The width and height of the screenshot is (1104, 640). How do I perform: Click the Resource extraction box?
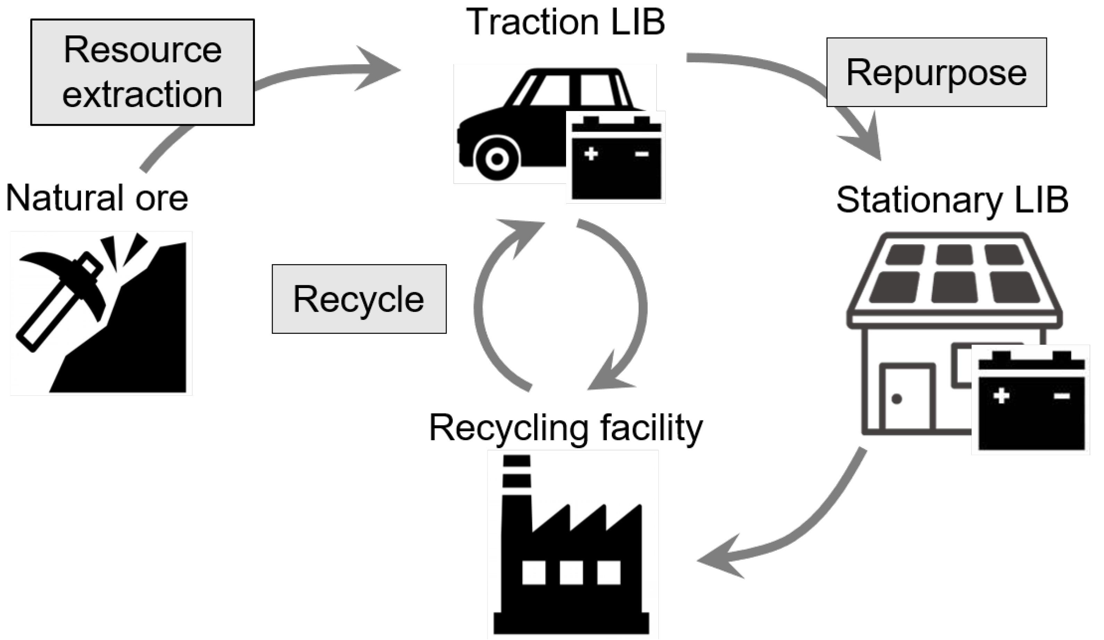142,72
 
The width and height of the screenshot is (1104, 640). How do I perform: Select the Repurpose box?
937,72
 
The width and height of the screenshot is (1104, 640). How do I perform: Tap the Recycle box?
359,299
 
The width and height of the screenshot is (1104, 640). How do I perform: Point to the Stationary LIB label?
952,200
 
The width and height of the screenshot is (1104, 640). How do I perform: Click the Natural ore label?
97,198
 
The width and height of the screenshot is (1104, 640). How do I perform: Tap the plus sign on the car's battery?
591,154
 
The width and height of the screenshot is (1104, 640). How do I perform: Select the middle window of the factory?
571,573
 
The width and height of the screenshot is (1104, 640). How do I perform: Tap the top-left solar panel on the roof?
905,255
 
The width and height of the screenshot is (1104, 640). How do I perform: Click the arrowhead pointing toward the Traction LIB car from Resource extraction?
377,69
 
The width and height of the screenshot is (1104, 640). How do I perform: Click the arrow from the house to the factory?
789,531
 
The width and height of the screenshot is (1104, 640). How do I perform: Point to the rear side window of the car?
598,90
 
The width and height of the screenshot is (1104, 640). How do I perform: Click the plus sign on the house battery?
1001,396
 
